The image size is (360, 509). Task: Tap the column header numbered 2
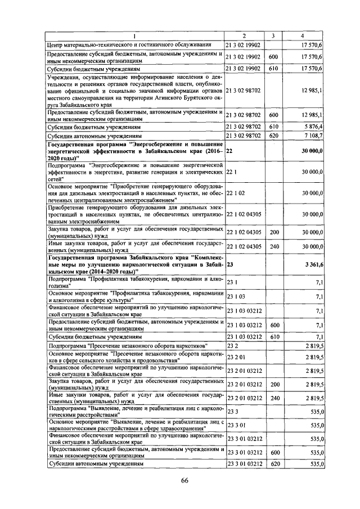click(244, 35)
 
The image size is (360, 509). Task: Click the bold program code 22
click(229, 151)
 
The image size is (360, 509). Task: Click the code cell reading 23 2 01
click(236, 356)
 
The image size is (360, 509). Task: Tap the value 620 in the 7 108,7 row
click(274, 136)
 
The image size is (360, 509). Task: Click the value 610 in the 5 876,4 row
click(274, 127)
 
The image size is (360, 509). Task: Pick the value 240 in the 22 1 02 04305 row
click(274, 246)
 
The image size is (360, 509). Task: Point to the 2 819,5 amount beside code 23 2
click(311, 345)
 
